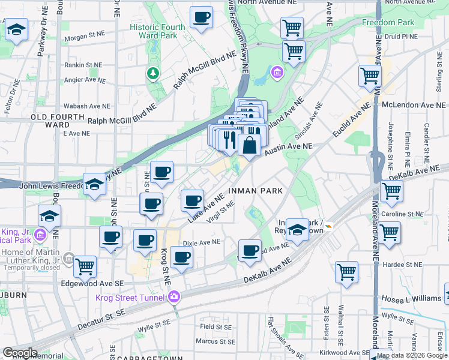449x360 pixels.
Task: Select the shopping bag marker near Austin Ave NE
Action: click(249, 145)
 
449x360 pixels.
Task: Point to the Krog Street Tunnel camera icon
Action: click(174, 296)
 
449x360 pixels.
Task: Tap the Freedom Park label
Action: click(388, 22)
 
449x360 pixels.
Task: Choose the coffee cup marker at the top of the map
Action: click(201, 17)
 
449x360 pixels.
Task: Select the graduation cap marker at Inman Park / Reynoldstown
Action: click(297, 229)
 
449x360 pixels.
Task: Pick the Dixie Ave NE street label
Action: click(202, 242)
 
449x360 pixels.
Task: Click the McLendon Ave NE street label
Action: click(414, 103)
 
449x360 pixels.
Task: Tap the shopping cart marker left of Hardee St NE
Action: click(346, 272)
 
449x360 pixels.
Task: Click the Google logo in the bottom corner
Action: click(20, 353)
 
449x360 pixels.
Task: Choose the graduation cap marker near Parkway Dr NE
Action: click(16, 29)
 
